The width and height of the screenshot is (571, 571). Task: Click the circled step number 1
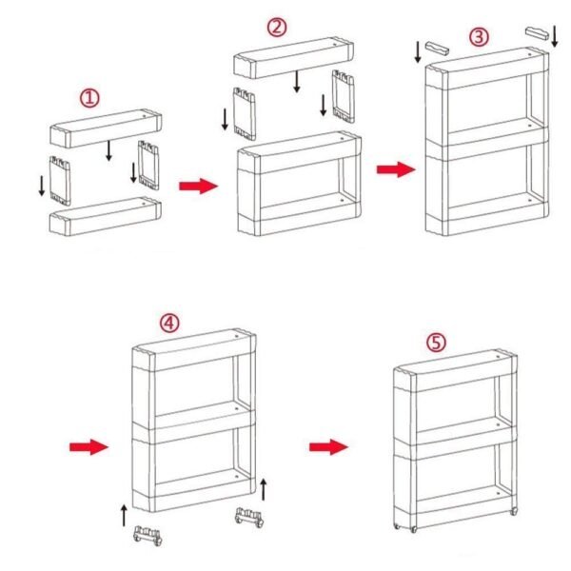coord(89,98)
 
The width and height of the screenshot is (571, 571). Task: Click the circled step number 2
coord(278,27)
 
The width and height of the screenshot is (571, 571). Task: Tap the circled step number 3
coord(480,37)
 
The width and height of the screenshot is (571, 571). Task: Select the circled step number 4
coord(169,322)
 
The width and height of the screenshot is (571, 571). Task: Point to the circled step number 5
coord(436,343)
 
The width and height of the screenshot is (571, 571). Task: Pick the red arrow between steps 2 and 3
coord(393,168)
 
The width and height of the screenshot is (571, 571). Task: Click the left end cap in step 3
coord(438,48)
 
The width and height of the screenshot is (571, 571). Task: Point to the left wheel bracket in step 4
coord(147,534)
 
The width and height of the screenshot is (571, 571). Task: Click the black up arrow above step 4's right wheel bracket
coord(264,491)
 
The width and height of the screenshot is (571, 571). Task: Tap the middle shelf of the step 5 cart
coord(452,435)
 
